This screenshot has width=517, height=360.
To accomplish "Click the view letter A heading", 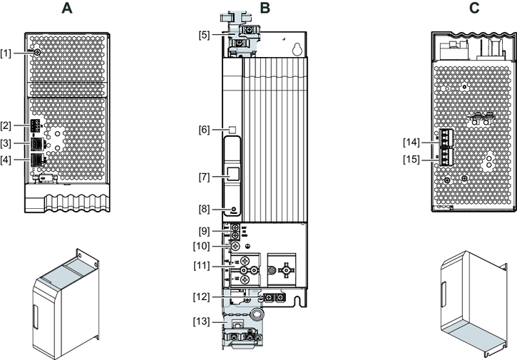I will tap(67, 9).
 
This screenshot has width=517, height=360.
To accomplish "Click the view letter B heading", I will tap(265, 9).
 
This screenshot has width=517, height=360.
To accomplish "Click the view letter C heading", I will tap(474, 9).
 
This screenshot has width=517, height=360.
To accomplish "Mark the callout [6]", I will tap(205, 130).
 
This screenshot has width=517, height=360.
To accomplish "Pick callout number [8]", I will tap(205, 209).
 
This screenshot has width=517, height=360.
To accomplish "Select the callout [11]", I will tap(203, 265).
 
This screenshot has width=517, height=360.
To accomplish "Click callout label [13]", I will tap(203, 322).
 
